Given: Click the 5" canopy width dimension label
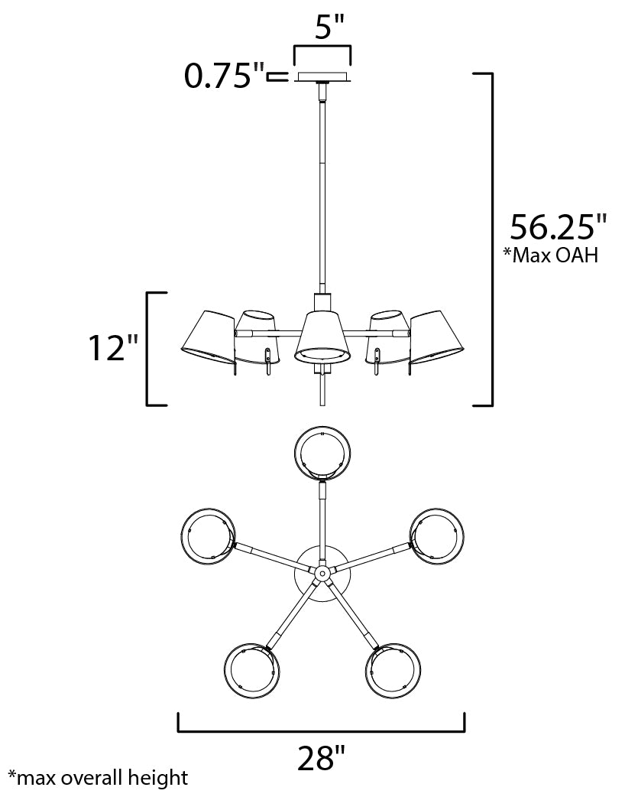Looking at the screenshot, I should pyautogui.click(x=322, y=28).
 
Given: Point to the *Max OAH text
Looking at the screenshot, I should pyautogui.click(x=550, y=255).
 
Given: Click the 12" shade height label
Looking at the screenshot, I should pyautogui.click(x=112, y=348).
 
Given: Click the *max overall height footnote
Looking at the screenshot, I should pyautogui.click(x=97, y=779).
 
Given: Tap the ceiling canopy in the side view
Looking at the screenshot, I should pyautogui.click(x=322, y=76).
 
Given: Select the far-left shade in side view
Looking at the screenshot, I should pyautogui.click(x=208, y=335).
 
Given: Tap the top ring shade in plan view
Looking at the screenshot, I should pyautogui.click(x=322, y=452).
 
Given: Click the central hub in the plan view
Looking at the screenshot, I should pyautogui.click(x=322, y=572).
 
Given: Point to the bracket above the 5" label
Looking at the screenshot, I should pyautogui.click(x=322, y=49).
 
